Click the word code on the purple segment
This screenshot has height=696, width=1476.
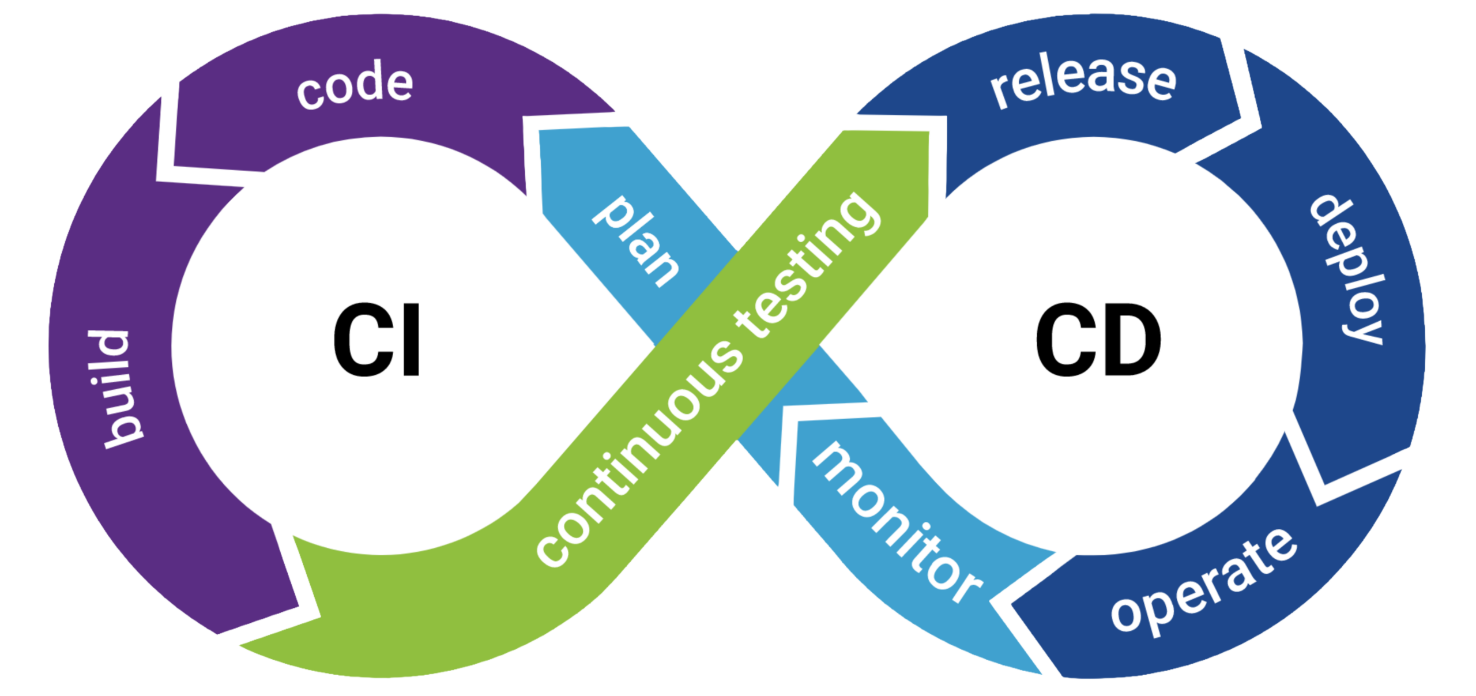coord(355,88)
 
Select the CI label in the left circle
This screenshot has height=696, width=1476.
coord(378,341)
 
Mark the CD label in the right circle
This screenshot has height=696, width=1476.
coord(1098,341)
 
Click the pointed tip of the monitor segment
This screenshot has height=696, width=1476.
coord(1041,672)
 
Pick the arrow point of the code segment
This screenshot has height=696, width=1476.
coord(614,111)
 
